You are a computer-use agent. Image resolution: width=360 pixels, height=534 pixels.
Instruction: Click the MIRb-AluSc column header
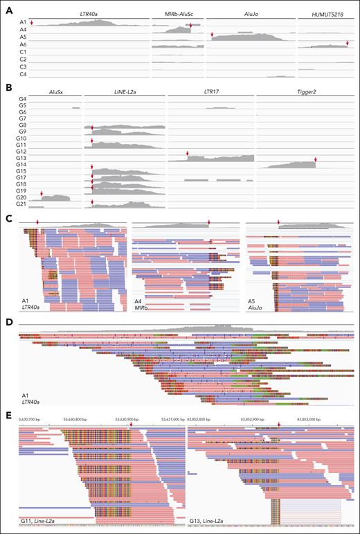(177, 15)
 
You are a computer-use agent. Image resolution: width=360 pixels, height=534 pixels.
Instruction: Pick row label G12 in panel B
(23, 152)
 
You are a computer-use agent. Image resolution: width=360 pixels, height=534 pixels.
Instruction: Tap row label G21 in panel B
(23, 205)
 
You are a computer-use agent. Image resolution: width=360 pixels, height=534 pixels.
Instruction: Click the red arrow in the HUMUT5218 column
(347, 44)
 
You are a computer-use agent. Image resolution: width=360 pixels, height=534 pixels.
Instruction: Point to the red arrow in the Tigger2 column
(315, 160)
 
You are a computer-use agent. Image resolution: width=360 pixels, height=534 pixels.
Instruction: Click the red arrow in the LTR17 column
(187, 154)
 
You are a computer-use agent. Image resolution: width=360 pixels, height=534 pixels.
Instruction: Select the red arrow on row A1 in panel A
(31, 22)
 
